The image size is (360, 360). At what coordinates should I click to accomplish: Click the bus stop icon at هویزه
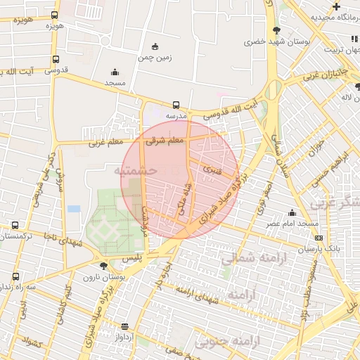(x=55, y=15)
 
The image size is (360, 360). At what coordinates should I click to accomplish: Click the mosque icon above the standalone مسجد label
(x=115, y=72)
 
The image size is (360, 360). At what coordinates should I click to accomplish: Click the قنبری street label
(x=211, y=169)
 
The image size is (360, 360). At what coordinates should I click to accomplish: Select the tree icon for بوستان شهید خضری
(x=276, y=30)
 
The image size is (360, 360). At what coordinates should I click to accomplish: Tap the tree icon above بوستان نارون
(x=103, y=266)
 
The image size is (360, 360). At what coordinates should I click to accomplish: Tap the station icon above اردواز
(x=125, y=326)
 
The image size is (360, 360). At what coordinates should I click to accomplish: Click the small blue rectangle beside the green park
(x=74, y=209)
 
